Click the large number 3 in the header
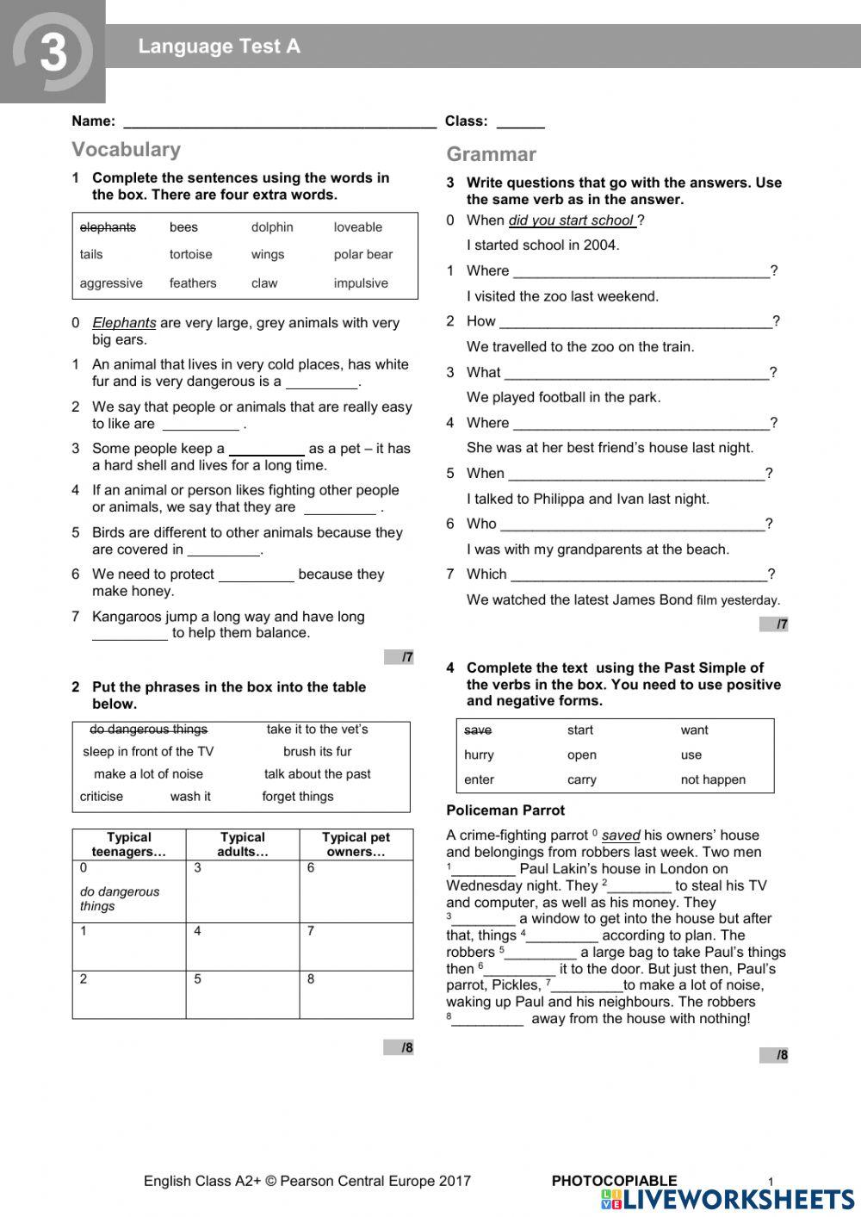point(53,52)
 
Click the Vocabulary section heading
point(126,149)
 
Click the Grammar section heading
point(491,154)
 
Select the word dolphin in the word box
point(272,227)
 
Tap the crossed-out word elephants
point(108,227)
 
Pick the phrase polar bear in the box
point(362,254)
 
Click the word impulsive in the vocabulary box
point(361,283)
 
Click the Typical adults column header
point(243,844)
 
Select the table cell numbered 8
point(356,995)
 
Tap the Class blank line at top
point(520,122)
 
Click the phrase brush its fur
point(317,751)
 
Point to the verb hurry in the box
point(479,754)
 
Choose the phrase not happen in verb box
point(713,779)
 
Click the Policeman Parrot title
point(505,810)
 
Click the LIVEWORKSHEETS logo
point(728,1200)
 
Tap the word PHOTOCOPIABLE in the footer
point(614,1181)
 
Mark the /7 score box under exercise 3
point(773,624)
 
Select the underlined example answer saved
point(621,835)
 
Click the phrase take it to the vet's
point(317,729)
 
